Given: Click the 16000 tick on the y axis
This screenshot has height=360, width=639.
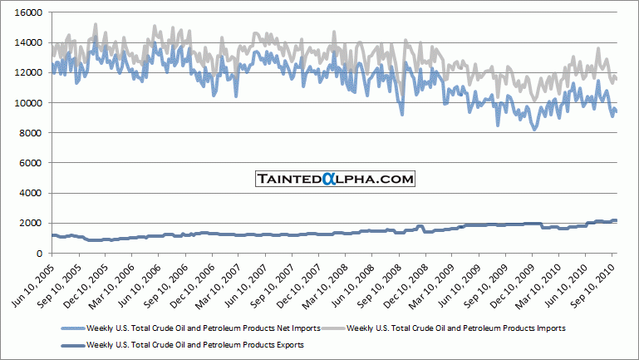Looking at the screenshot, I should pyautogui.click(x=32, y=13).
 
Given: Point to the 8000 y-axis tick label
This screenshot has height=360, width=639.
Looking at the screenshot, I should pyautogui.click(x=34, y=133).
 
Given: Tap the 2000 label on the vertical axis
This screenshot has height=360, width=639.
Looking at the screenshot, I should pyautogui.click(x=34, y=223).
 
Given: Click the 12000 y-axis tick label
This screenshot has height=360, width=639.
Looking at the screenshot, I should pyautogui.click(x=32, y=73).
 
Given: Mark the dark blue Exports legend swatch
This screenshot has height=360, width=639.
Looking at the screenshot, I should pyautogui.click(x=73, y=343).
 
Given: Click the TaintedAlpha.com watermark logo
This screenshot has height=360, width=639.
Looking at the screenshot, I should pyautogui.click(x=334, y=178).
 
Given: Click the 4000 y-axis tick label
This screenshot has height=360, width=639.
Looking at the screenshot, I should pyautogui.click(x=34, y=193).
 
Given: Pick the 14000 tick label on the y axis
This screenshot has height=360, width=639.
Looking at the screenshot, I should pyautogui.click(x=32, y=43).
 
